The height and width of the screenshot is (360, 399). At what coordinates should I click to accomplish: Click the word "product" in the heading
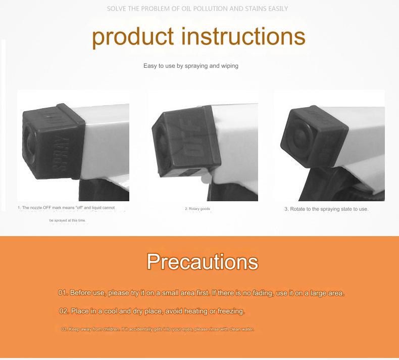pyautogui.click(x=132, y=37)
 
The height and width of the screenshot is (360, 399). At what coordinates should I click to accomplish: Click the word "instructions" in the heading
pyautogui.click(x=243, y=36)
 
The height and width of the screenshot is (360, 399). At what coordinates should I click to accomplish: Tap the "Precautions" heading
pyautogui.click(x=203, y=261)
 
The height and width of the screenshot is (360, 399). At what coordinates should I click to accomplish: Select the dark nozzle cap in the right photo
pyautogui.click(x=315, y=133)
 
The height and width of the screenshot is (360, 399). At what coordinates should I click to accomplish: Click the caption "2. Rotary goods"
pyautogui.click(x=197, y=209)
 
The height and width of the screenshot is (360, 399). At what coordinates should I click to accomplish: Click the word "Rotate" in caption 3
pyautogui.click(x=299, y=209)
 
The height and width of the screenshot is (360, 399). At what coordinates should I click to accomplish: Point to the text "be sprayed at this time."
pyautogui.click(x=68, y=220)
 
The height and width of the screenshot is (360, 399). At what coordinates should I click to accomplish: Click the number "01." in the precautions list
pyautogui.click(x=63, y=293)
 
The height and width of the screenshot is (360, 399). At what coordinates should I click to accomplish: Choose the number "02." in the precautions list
pyautogui.click(x=64, y=311)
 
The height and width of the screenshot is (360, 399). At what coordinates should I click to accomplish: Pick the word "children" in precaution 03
pyautogui.click(x=111, y=329)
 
